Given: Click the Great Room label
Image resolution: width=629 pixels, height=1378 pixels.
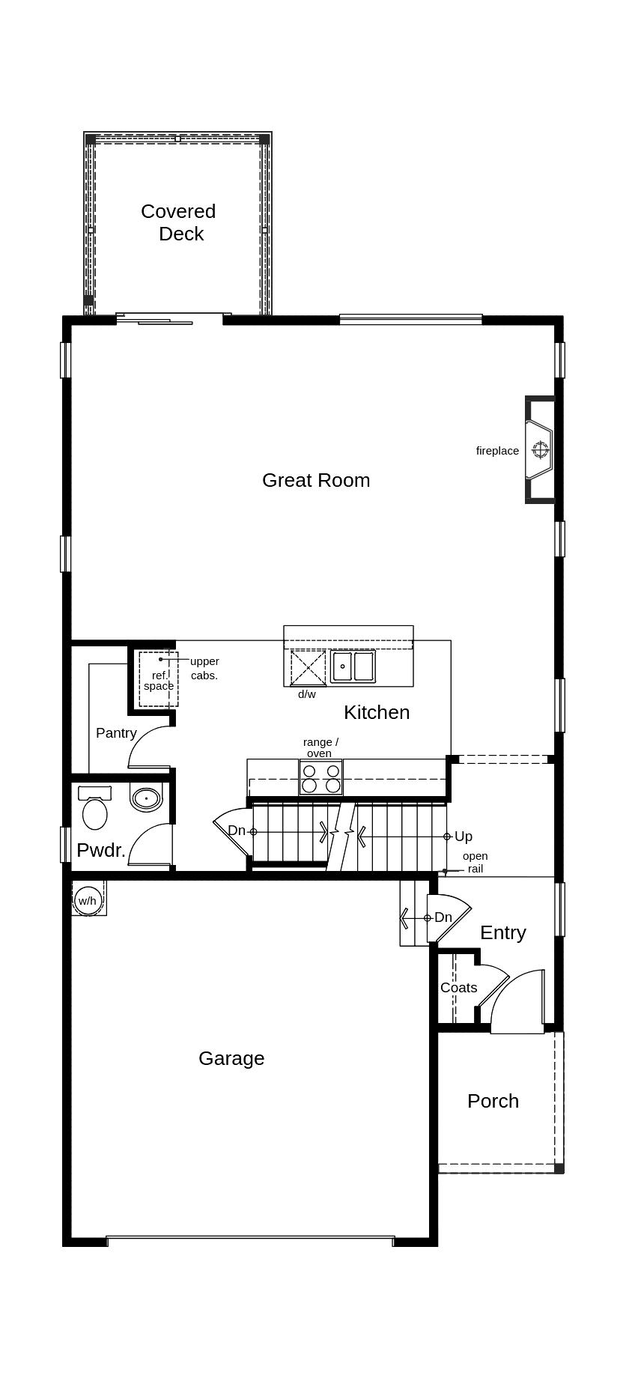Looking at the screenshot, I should coord(316,480).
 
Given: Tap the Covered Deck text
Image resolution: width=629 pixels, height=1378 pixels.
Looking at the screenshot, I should coord(179,222).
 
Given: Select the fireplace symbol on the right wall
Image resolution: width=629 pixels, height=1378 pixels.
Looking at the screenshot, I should coord(540,449).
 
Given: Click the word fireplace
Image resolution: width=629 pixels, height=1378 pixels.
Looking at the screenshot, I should coord(497,451).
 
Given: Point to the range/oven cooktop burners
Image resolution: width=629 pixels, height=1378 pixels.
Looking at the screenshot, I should coord(320,778).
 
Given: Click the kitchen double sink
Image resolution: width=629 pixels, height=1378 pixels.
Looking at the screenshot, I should coord(353,666).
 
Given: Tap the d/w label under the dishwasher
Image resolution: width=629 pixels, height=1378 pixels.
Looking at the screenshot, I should coord(307,694).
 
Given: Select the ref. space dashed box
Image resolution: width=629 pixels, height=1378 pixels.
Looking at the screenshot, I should coord(159,679).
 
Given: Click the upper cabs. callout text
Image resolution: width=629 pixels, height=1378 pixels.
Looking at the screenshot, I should coord(204,668).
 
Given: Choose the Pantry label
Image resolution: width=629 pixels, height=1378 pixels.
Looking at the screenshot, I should coord(116,733).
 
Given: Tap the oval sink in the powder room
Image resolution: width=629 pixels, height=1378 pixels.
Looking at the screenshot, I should coord(147,797).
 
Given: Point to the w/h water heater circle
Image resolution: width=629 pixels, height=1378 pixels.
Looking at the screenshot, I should coord(88,900).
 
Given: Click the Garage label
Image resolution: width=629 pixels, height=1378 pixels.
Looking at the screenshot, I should coord(231,1058).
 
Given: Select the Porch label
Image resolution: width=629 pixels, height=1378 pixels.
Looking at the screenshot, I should coord(493,1101).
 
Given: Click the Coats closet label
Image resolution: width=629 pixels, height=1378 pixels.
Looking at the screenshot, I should coord(458,988).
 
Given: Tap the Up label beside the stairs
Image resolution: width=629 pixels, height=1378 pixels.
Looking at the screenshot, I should coord(464,837).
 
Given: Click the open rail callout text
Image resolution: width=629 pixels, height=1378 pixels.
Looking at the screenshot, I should coord(475,862).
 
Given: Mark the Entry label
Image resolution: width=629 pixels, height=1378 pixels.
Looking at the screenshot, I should coord(502,932).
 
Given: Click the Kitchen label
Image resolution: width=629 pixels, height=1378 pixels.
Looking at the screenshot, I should coord(377,712).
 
